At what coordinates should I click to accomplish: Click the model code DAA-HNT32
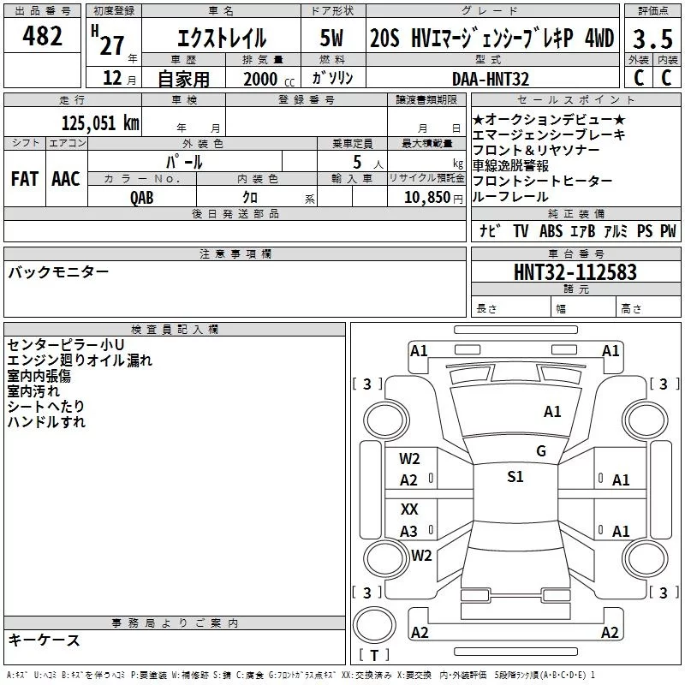pyautogui.click(x=491, y=79)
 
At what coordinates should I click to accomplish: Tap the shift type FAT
pyautogui.click(x=24, y=178)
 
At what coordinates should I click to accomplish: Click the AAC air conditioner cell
pyautogui.click(x=66, y=178)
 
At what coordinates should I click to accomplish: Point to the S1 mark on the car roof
pyautogui.click(x=515, y=477)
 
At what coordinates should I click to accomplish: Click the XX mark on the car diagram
pyautogui.click(x=410, y=509)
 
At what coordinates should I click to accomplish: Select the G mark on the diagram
pyautogui.click(x=541, y=451)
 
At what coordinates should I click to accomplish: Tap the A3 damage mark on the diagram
pyautogui.click(x=409, y=532)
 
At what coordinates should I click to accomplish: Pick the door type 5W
pyautogui.click(x=332, y=39)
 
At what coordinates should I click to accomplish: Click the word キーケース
pyautogui.click(x=45, y=640)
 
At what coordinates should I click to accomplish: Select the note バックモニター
pyautogui.click(x=58, y=272)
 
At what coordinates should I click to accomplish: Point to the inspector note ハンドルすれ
pyautogui.click(x=46, y=422)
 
